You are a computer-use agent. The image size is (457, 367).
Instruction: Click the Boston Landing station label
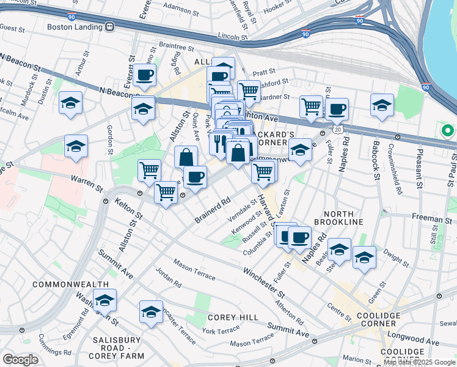click(x=75, y=27)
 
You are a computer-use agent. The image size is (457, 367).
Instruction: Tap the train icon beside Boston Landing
click(x=111, y=27)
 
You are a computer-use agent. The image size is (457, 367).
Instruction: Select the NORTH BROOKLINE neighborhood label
click(x=338, y=221)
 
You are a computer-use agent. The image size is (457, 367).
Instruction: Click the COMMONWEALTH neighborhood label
click(x=65, y=284)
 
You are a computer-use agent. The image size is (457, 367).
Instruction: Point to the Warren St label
click(x=84, y=180)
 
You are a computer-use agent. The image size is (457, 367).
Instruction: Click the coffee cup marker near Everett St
click(x=144, y=75)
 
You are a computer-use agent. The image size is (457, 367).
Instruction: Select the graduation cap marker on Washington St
click(x=104, y=301)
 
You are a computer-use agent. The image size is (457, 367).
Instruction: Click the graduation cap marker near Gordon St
click(x=76, y=146)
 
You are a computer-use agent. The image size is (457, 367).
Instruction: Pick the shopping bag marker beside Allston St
click(x=186, y=157)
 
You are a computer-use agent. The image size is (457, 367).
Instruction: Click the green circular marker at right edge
click(x=447, y=130)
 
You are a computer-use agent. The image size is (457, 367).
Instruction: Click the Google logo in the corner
click(x=20, y=359)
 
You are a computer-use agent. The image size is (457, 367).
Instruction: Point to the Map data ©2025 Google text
click(x=420, y=362)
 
